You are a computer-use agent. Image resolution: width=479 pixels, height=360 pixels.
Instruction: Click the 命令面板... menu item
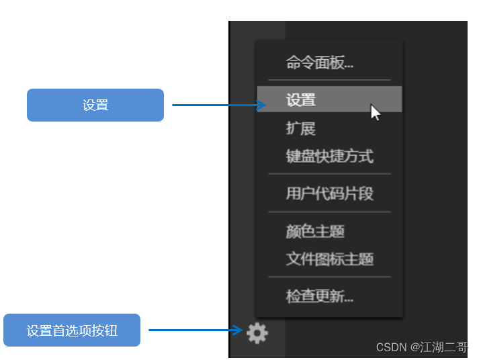320,64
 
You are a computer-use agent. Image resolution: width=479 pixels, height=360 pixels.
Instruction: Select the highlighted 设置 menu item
301,100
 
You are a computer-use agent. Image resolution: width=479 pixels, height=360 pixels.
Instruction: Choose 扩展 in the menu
300,128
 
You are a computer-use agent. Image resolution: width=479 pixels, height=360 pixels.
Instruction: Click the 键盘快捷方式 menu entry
329,156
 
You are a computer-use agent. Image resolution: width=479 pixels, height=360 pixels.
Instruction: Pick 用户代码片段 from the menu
329,194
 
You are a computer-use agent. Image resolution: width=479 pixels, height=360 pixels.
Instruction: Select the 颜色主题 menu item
315,232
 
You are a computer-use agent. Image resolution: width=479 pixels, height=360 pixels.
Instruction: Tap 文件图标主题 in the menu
329,259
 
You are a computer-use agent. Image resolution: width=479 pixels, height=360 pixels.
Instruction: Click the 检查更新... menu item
320,296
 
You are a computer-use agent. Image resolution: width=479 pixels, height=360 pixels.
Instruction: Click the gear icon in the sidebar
257,332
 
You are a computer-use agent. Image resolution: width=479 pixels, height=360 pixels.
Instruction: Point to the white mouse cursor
375,112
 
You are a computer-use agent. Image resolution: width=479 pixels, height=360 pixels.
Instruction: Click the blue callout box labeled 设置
95,105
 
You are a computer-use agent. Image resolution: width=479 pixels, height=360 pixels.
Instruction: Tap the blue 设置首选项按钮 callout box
72,330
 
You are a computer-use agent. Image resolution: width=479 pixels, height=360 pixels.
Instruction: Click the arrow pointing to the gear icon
195,330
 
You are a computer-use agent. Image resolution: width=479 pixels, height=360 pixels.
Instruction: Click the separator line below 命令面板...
329,81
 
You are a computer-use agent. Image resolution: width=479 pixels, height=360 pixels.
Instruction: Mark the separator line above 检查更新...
329,277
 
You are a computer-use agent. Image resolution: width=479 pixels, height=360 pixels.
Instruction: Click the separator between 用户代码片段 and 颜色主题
329,212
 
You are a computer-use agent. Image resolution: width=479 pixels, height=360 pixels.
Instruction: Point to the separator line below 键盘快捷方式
329,175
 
